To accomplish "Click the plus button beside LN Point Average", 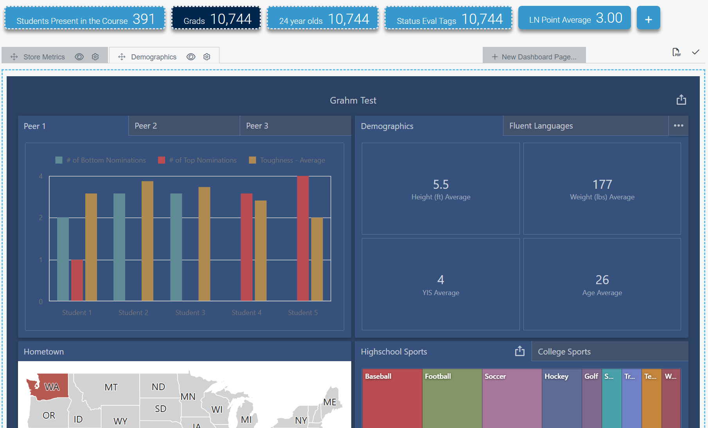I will click(648, 18).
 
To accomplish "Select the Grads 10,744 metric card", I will click(216, 18).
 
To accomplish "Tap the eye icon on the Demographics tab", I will click(191, 57).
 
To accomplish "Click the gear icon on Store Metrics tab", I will click(95, 57).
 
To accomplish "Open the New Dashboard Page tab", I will click(534, 57).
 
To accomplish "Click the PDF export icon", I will click(676, 52).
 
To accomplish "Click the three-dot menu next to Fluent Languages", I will click(679, 125).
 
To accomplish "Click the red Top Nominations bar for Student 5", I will click(303, 238).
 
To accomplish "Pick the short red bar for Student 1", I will click(77, 280).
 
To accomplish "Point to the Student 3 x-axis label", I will click(190, 313).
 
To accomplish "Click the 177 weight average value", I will click(602, 184).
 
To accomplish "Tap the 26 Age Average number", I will click(602, 280).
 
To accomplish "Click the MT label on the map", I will click(111, 387).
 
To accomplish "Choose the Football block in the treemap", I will click(452, 399).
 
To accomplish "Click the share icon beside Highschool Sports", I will click(519, 351).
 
